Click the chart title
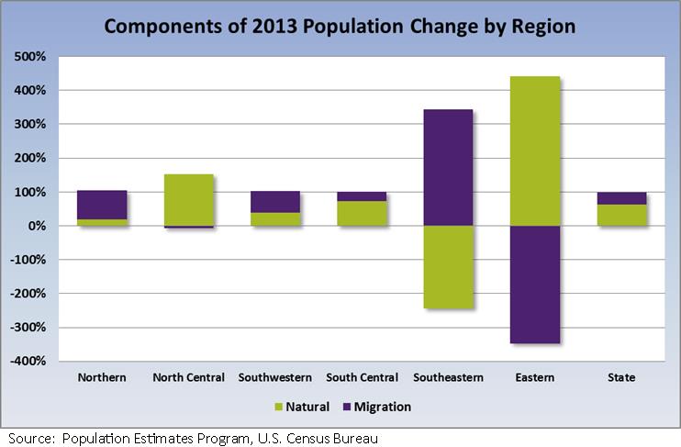tap(340, 26)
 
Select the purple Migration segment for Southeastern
tap(447, 167)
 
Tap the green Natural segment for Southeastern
tap(447, 267)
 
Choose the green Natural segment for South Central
tap(361, 213)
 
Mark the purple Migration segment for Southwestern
tap(274, 202)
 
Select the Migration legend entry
tap(374, 407)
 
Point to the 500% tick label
tap(31, 57)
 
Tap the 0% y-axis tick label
tap(37, 226)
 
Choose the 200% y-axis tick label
tap(31, 158)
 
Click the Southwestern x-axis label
tap(274, 377)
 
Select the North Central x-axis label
tap(188, 377)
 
